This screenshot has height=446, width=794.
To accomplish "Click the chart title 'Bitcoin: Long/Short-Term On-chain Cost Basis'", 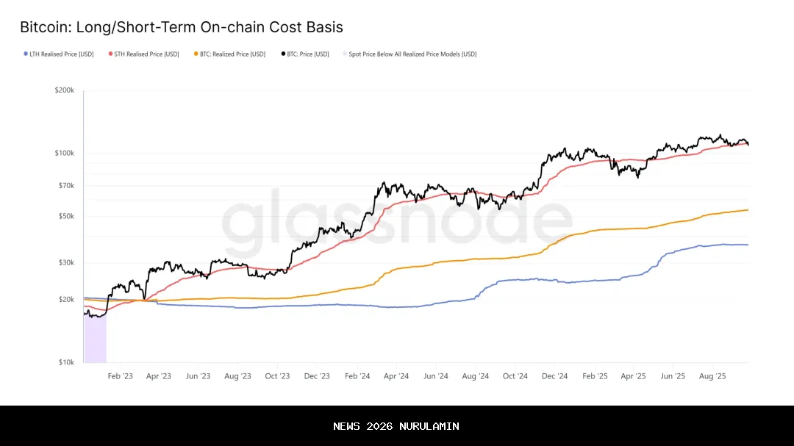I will click(181, 28).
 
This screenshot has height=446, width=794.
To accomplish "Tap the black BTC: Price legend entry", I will click(308, 54).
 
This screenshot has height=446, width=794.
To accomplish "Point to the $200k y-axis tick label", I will click(64, 90).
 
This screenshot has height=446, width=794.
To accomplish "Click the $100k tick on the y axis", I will click(64, 153).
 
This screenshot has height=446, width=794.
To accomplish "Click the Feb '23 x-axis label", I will click(120, 376).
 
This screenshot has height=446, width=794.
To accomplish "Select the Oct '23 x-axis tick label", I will click(277, 376).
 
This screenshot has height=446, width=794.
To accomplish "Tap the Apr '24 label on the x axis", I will click(396, 376).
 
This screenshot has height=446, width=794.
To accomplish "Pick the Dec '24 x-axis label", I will click(554, 376).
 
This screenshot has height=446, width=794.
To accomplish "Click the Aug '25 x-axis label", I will click(712, 376).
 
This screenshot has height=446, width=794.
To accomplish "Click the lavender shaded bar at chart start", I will click(96, 338).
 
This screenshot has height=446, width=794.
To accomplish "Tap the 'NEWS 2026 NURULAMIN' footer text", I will click(396, 426).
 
